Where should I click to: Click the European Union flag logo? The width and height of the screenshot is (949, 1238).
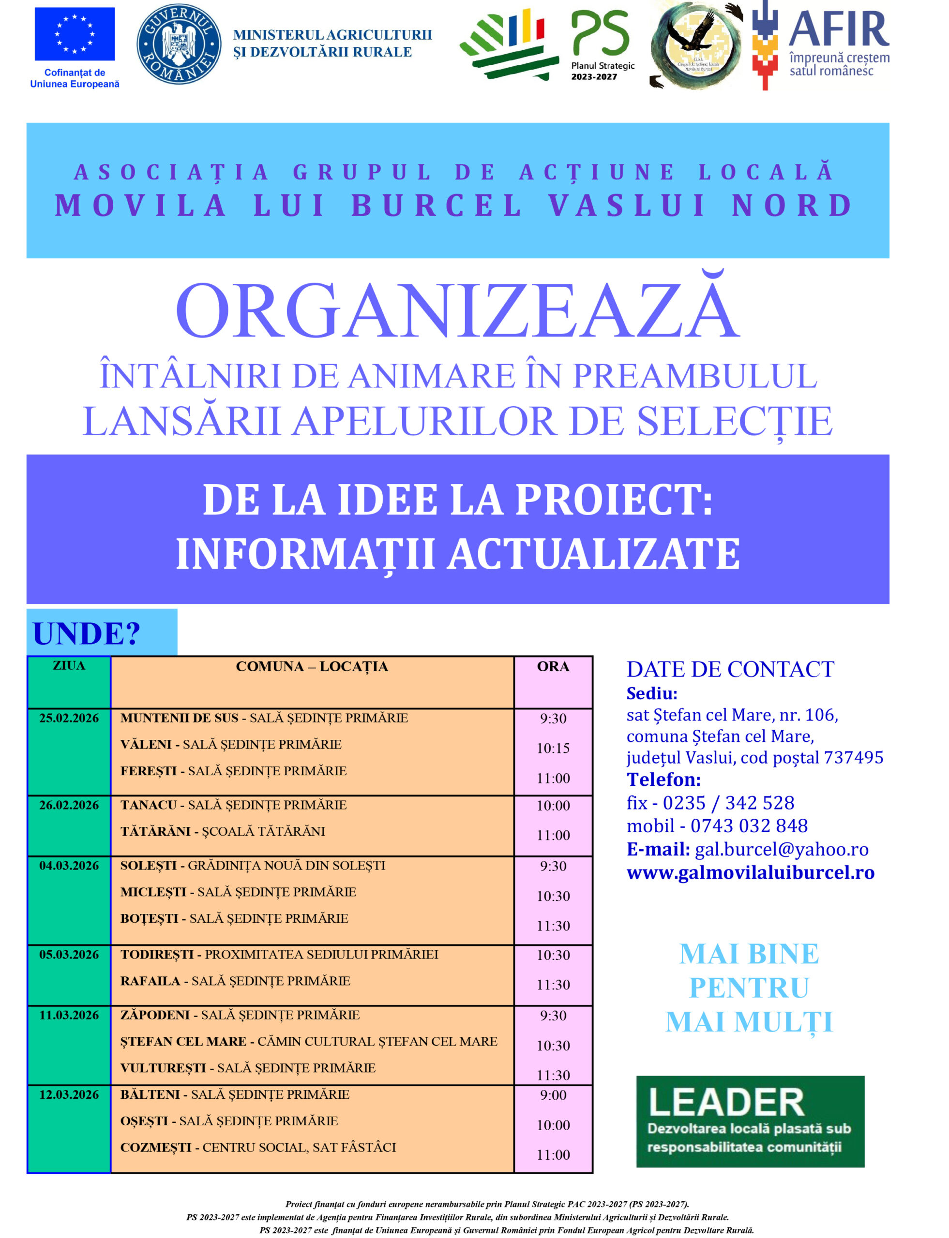click(75, 34)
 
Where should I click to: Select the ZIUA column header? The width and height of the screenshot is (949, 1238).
click(69, 665)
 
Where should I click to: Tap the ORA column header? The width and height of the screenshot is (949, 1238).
click(553, 667)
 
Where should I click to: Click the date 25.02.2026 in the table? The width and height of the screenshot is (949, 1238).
click(69, 718)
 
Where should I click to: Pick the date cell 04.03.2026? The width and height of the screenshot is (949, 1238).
click(69, 866)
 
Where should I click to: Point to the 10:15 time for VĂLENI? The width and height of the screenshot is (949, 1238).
click(553, 749)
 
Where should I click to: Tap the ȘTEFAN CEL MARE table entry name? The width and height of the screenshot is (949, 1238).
click(183, 1042)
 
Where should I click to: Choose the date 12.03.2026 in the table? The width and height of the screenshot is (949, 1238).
click(69, 1094)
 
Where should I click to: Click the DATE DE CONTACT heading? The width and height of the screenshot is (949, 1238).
click(730, 669)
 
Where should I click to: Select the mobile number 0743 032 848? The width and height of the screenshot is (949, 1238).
click(749, 826)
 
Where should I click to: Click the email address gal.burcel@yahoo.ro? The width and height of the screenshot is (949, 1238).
click(781, 850)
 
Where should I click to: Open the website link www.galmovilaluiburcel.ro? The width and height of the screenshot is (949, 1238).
click(750, 873)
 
